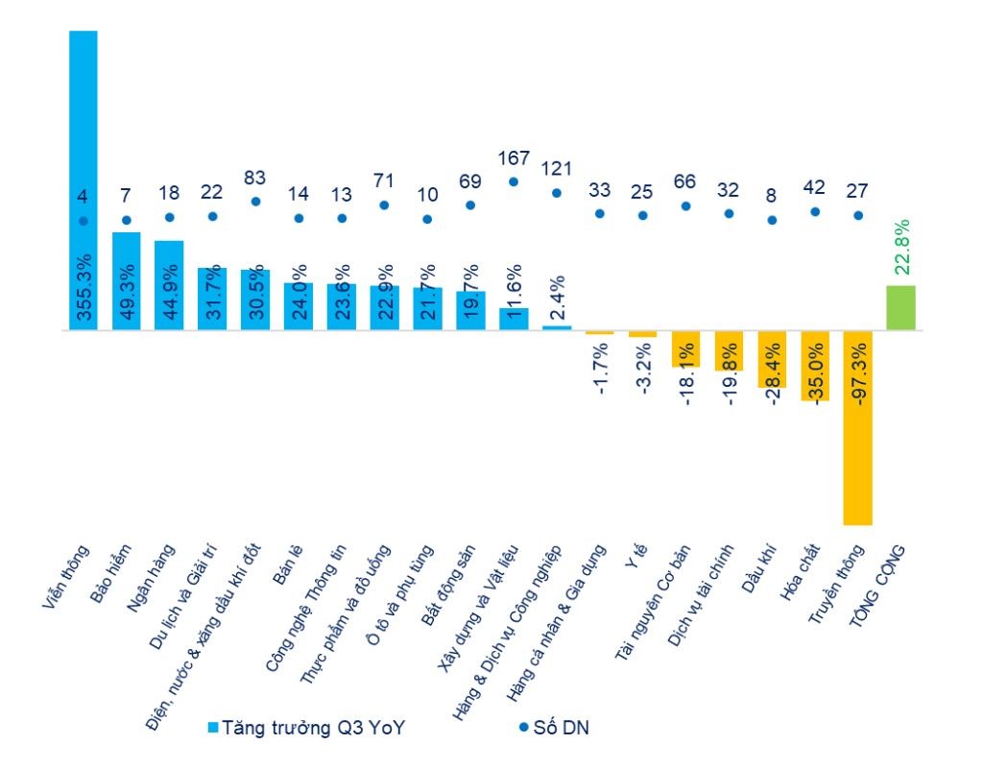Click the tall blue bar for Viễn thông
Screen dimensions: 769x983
point(84,144)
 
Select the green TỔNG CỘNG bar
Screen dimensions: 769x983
point(900,307)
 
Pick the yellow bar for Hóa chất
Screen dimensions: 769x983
point(815,365)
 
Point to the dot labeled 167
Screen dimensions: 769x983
point(514,181)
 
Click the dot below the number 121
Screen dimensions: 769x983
point(557,193)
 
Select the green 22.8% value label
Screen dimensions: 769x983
point(901,248)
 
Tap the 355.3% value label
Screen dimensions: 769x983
point(84,288)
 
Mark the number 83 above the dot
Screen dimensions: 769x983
point(255,178)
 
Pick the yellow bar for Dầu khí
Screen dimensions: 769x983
point(772,359)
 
